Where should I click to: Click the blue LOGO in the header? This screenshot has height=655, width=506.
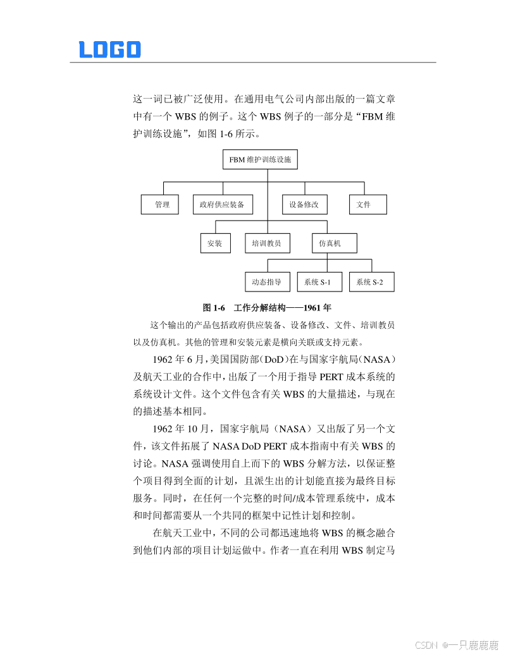(109, 49)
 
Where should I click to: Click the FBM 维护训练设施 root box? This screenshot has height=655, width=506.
(260, 159)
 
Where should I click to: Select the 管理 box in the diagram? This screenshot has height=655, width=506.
(160, 205)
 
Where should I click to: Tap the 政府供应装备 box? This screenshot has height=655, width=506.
(223, 205)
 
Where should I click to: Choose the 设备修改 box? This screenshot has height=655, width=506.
(304, 205)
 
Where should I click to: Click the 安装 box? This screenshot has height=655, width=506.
(214, 243)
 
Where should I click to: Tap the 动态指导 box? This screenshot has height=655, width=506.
(266, 282)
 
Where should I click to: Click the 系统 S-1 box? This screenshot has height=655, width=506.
(319, 282)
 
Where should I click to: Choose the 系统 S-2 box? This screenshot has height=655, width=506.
(371, 282)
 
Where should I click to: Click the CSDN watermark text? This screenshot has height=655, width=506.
(426, 645)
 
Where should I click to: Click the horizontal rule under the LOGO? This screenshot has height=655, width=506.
(253, 63)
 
